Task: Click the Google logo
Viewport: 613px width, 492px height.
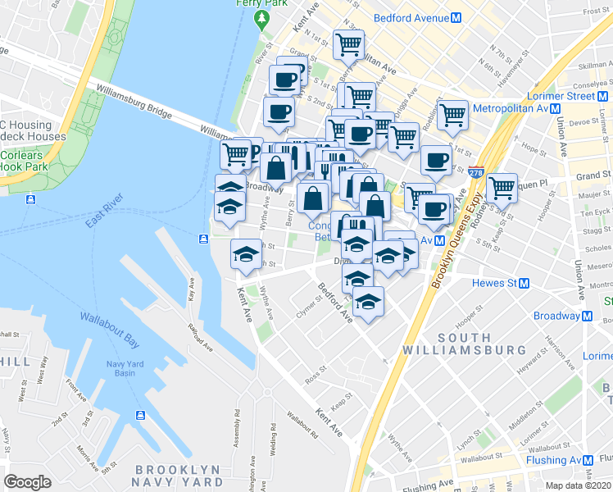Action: point(28,482)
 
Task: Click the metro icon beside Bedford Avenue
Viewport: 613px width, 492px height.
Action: point(465,17)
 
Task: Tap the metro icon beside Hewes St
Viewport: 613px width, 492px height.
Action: point(524,284)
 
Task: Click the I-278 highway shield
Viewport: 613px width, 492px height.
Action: point(476,173)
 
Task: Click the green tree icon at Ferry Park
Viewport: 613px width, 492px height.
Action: point(262,17)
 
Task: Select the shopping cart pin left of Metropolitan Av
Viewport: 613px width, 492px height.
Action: point(452,115)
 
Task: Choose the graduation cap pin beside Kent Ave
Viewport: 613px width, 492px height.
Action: point(245,253)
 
